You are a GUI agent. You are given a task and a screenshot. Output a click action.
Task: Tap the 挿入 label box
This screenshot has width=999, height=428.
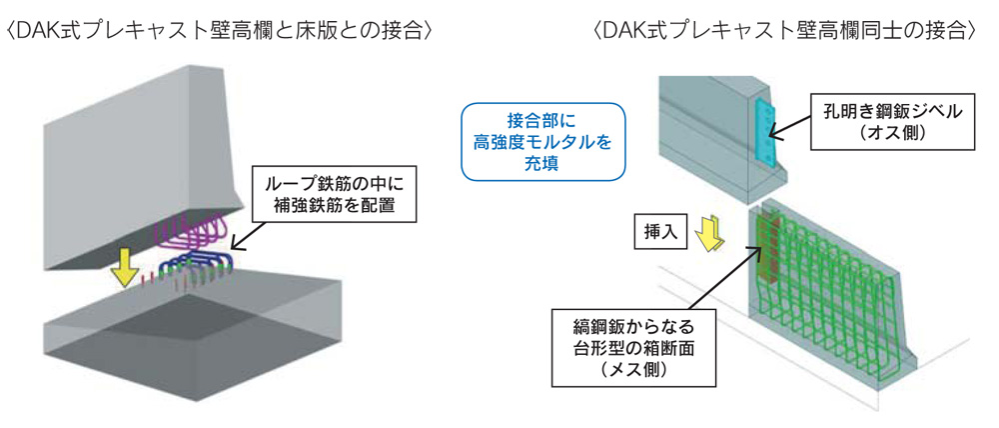pyautogui.click(x=657, y=233)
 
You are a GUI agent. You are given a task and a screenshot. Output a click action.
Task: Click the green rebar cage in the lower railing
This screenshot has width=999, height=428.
pyautogui.click(x=839, y=290)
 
